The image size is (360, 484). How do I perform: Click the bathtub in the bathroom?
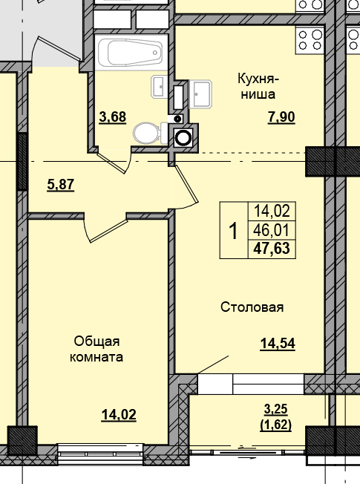tap(130, 53)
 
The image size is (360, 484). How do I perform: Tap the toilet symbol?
tap(148, 134)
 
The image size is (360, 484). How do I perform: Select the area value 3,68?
tap(112, 116)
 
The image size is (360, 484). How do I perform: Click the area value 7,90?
tap(281, 116)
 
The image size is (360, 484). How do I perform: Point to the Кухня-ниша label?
tap(258, 86)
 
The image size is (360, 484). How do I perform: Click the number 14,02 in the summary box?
tap(271, 211)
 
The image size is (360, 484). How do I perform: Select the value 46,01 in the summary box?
tap(271, 229)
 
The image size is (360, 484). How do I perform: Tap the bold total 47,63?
tap(271, 247)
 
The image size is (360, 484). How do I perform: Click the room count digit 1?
tap(233, 231)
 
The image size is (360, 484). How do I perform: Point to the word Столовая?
tap(252, 307)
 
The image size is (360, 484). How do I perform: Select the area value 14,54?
tap(277, 343)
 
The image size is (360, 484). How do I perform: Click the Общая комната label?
tap(97, 349)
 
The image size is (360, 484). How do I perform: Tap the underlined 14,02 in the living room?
tap(118, 414)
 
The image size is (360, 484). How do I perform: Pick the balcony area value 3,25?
tap(277, 409)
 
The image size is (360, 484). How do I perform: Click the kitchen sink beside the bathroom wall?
tap(200, 93)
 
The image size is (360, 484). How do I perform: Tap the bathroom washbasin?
tap(161, 87)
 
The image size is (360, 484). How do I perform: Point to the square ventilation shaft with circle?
tap(183, 137)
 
